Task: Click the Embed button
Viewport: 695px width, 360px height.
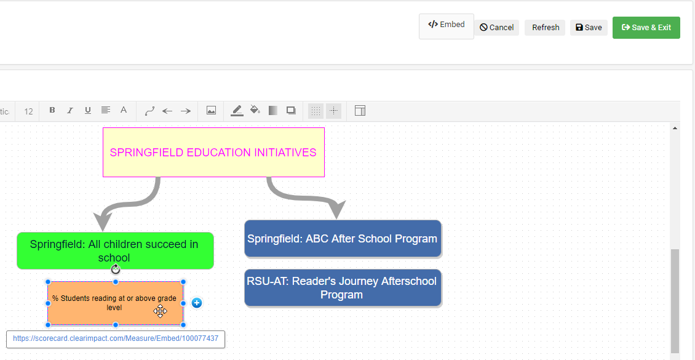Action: (446, 26)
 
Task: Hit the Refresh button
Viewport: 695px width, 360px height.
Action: (545, 28)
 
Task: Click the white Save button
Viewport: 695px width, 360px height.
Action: (589, 28)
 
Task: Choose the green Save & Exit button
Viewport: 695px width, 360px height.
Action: (646, 28)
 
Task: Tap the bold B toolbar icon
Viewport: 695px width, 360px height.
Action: (52, 111)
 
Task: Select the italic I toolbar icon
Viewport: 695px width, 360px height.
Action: (70, 111)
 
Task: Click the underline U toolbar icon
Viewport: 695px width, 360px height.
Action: (88, 111)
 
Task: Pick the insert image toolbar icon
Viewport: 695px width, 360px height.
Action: (211, 111)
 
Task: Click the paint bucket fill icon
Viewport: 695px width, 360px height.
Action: (255, 111)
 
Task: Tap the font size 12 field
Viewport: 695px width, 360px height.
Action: (28, 111)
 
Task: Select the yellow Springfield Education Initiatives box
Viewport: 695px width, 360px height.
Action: (213, 152)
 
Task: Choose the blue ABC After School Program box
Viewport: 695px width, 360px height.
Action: (343, 238)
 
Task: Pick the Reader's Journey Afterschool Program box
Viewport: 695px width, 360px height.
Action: (343, 287)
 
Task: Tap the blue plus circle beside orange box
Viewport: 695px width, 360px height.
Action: (196, 303)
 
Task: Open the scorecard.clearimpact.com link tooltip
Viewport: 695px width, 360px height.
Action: (116, 338)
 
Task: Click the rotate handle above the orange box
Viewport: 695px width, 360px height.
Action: (116, 270)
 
